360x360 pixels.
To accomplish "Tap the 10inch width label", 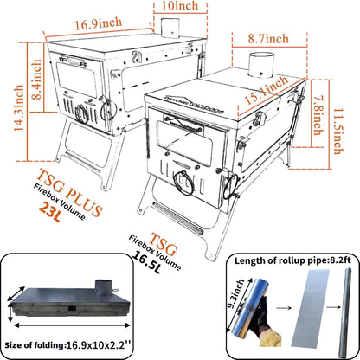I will [188, 8].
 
